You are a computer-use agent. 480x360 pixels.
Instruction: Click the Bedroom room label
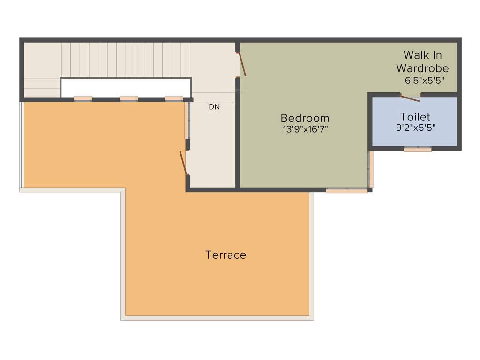[x=305, y=118]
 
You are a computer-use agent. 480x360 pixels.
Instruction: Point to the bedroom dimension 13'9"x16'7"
[x=305, y=130]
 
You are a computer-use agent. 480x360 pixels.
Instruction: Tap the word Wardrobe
[x=422, y=68]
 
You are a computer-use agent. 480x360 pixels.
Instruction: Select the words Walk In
[x=422, y=55]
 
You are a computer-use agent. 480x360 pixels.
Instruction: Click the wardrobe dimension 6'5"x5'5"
[x=424, y=80]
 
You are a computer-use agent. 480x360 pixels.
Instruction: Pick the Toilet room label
[x=415, y=117]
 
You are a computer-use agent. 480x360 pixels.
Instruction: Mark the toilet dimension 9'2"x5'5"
[x=415, y=127]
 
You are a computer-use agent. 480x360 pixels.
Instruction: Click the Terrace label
[x=225, y=255]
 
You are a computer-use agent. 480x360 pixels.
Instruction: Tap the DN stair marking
[x=214, y=107]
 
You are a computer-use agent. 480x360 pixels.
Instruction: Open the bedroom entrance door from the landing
[x=241, y=64]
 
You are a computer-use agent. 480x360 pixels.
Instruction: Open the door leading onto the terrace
[x=183, y=162]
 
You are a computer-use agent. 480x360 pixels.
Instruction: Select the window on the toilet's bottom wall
[x=417, y=149]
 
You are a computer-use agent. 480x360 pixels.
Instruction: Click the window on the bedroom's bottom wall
[x=347, y=190]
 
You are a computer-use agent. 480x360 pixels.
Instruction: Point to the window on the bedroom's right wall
[x=370, y=169]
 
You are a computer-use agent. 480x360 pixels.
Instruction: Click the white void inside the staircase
[x=126, y=87]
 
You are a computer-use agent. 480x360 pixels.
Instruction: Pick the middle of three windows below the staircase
[x=128, y=99]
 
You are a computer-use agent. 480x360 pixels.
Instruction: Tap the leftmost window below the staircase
[x=83, y=99]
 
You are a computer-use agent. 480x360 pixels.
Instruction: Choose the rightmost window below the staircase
[x=173, y=99]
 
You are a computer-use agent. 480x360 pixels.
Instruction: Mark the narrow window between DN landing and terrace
[x=187, y=120]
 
